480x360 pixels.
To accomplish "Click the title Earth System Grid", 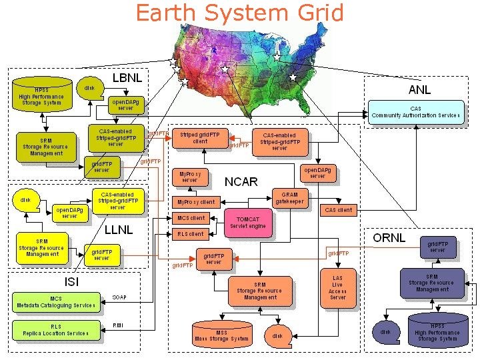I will click(240, 13).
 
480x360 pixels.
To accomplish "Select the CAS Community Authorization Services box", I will click(416, 111).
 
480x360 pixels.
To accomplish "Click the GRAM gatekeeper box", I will click(290, 198).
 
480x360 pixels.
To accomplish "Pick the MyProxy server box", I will click(190, 177).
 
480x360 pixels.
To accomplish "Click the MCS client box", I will click(191, 218).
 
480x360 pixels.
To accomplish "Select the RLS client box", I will click(191, 234).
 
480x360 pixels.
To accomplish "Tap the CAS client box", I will click(338, 210).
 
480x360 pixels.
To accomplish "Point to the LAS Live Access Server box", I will click(337, 286).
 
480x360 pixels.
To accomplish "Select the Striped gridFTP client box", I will click(199, 137).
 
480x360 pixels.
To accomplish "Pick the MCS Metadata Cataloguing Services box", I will click(55, 303).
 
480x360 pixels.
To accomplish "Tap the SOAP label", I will click(119, 297).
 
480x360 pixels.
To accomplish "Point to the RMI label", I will click(117, 325).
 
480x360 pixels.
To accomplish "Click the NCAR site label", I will click(241, 181).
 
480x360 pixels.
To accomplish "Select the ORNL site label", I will click(388, 237).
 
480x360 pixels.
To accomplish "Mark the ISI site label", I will click(72, 281).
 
